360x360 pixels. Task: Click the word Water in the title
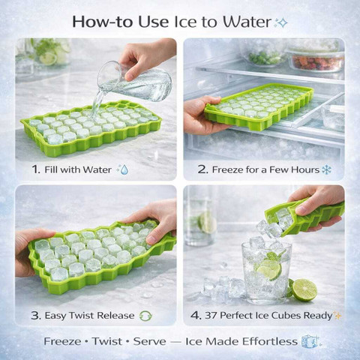tap(247, 22)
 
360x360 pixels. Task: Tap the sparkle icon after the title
tap(281, 23)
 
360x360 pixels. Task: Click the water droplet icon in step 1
tap(123, 169)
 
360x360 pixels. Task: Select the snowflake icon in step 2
tap(326, 169)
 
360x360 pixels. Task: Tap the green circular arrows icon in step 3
tap(145, 316)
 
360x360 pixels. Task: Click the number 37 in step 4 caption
tap(211, 316)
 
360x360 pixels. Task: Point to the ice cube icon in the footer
tap(310, 341)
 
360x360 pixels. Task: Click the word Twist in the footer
tap(107, 341)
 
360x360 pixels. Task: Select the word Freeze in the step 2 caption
tap(227, 169)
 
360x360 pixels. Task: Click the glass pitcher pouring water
tap(135, 81)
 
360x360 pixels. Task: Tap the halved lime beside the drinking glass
tap(304, 290)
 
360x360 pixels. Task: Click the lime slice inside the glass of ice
tap(269, 269)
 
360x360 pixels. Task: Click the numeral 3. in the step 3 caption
tap(36, 316)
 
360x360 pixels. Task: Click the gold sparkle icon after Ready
tap(337, 315)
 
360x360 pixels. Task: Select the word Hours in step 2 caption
tap(305, 169)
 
